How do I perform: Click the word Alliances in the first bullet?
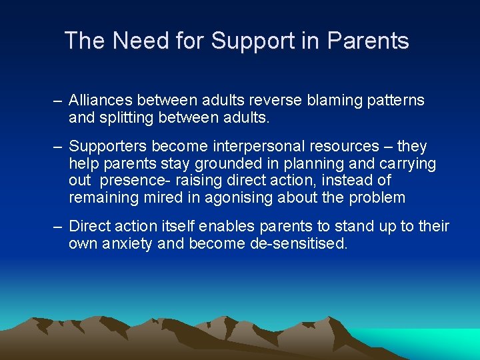pos(101,101)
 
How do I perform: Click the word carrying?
pos(408,164)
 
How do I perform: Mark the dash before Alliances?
pos(58,101)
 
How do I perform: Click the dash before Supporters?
pos(58,147)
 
